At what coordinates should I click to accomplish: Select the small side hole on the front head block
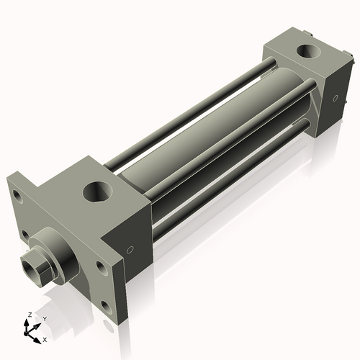point(130,250)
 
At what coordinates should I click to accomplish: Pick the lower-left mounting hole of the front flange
point(26,235)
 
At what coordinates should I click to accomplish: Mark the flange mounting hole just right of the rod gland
point(101,267)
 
